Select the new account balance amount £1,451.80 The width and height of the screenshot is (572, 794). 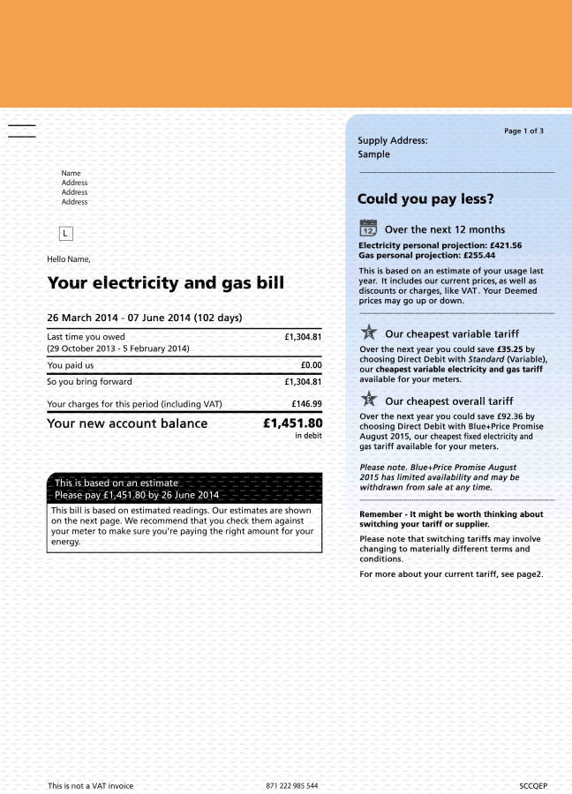293,423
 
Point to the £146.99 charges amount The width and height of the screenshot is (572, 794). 306,404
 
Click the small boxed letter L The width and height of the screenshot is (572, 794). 66,233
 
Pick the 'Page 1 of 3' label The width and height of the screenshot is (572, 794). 523,131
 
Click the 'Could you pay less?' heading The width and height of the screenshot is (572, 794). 425,199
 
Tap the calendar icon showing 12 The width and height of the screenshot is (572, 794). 368,228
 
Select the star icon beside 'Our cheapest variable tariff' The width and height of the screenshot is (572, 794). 368,333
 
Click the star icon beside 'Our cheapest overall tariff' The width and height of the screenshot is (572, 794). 368,401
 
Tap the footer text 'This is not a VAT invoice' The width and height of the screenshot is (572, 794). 90,785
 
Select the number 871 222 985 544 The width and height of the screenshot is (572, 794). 291,785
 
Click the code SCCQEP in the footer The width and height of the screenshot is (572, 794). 533,785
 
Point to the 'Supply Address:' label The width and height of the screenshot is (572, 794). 392,140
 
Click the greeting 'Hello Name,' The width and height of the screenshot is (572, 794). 68,258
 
